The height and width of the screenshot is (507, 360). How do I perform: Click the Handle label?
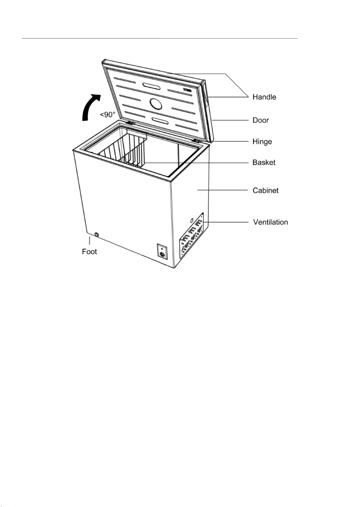(264, 97)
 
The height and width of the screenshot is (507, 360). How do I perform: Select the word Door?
(261, 120)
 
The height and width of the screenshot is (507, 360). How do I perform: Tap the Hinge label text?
(262, 142)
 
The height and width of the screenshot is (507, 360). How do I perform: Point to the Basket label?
(264, 163)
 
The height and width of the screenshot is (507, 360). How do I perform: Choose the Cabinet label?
(266, 191)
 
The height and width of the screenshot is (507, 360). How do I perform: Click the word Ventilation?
(271, 222)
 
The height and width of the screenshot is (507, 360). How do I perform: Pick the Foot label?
(89, 252)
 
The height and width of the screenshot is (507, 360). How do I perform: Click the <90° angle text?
(107, 115)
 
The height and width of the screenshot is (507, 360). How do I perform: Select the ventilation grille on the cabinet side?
(192, 235)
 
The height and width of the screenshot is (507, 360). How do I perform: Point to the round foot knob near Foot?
(97, 235)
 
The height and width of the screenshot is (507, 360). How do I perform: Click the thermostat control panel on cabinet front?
(162, 251)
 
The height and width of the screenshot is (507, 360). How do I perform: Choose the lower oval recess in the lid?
(160, 120)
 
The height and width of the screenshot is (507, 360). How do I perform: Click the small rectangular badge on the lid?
(187, 90)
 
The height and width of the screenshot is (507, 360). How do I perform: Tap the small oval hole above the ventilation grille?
(192, 220)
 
